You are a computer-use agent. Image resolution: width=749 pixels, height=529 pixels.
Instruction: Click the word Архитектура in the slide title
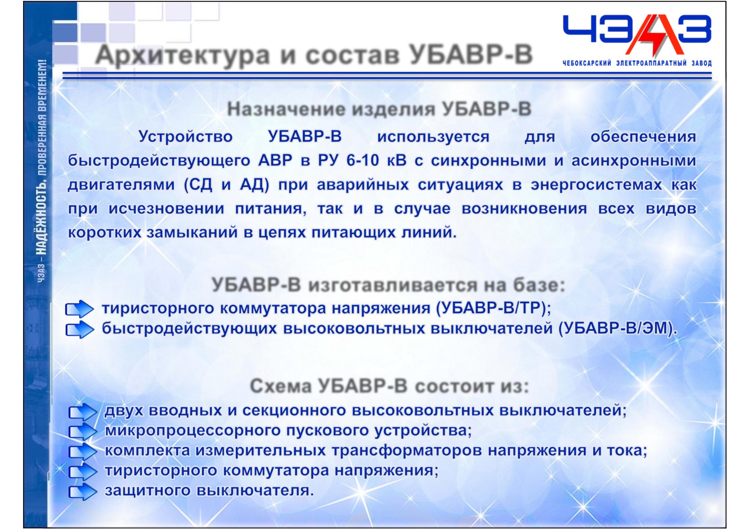click(x=183, y=56)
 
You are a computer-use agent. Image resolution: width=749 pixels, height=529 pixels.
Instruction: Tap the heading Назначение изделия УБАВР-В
click(x=379, y=109)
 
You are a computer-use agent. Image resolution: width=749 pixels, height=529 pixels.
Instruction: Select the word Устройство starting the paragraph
click(x=186, y=137)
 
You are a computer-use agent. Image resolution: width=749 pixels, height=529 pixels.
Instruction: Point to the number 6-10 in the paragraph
click(x=363, y=161)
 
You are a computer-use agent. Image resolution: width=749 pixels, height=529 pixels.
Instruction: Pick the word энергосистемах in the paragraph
click(x=596, y=185)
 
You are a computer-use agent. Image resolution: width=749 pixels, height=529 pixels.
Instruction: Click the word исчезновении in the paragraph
click(x=166, y=209)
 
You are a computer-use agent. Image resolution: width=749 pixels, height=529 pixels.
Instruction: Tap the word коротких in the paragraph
click(x=105, y=233)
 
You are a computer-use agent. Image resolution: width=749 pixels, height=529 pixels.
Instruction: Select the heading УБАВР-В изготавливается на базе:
click(x=388, y=285)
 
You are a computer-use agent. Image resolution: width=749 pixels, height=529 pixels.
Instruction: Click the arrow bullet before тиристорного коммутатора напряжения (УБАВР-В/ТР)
click(x=79, y=309)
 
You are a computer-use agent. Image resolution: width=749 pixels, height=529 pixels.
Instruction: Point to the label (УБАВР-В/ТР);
click(x=494, y=308)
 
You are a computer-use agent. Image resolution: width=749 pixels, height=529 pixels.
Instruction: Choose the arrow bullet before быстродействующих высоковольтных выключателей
click(x=79, y=329)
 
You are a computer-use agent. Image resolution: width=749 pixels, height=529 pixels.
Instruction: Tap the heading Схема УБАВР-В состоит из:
click(x=389, y=386)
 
